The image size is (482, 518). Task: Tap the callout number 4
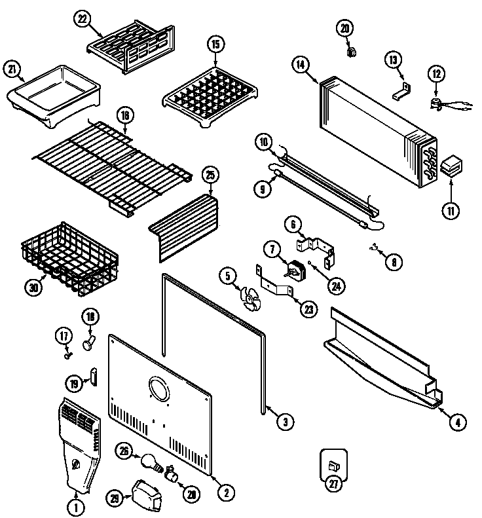click(458, 422)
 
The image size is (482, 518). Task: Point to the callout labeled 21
click(12, 68)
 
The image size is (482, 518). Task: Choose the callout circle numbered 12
click(436, 74)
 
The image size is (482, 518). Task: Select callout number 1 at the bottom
click(76, 505)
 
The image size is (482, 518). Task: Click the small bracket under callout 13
click(401, 92)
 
